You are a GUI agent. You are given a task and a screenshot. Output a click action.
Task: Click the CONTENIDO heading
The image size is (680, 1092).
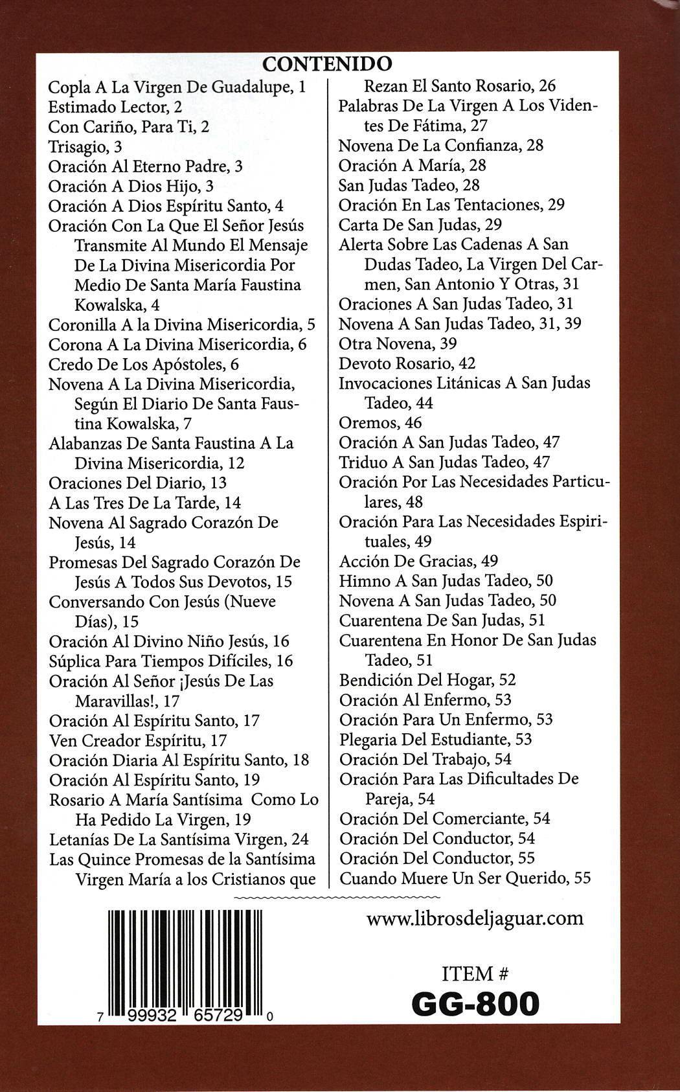click(x=327, y=64)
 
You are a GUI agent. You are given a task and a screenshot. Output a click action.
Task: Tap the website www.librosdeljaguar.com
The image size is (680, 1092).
click(x=475, y=918)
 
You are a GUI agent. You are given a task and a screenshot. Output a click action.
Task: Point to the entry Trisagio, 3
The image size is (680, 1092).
click(x=85, y=146)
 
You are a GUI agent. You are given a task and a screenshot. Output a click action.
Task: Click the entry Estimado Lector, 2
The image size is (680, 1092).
click(x=115, y=107)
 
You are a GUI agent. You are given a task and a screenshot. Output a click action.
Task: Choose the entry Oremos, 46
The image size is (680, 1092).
click(x=380, y=423)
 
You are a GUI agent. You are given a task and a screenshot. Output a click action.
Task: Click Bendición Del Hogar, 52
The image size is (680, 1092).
click(x=427, y=680)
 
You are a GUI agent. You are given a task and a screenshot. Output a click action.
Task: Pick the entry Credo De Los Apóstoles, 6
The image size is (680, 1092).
click(x=144, y=364)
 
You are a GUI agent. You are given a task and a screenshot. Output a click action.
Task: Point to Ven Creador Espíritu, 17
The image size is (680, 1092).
click(x=138, y=740)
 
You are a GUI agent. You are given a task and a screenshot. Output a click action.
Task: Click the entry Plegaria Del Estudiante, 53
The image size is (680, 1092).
click(x=435, y=739)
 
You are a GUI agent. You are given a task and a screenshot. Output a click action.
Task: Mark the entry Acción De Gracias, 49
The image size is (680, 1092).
click(x=418, y=561)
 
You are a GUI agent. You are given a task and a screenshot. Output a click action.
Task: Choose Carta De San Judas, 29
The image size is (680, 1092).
click(x=420, y=225)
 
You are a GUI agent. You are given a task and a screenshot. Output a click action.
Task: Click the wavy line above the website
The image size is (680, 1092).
click(x=335, y=898)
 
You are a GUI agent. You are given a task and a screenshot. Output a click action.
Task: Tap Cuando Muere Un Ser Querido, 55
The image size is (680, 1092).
click(x=465, y=878)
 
